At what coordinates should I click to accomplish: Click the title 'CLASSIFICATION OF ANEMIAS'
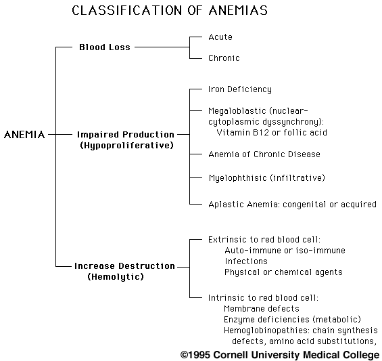tap(170, 10)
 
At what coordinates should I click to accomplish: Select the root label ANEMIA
tap(24, 135)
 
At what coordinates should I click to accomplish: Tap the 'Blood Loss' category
tap(105, 47)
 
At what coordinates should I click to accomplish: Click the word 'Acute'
tap(220, 37)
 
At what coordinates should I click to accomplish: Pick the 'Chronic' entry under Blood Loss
tap(224, 58)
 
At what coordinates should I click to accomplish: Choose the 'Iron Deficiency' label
tap(240, 89)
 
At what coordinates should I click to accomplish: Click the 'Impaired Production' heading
tap(126, 135)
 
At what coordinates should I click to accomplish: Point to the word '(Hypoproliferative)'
tap(126, 146)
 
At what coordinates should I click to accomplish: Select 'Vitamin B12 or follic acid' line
tap(272, 133)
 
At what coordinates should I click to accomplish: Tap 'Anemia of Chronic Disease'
tap(264, 154)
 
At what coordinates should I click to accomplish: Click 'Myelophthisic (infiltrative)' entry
tap(267, 178)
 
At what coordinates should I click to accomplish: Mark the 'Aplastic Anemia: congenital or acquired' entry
tap(292, 205)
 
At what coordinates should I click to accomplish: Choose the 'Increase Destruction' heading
tap(124, 266)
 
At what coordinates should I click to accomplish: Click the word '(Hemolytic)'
tap(116, 277)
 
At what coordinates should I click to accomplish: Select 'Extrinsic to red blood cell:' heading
tap(264, 240)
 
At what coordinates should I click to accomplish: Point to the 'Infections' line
tap(246, 261)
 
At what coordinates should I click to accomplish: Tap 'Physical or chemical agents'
tap(283, 272)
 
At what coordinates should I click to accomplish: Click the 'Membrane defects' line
tap(262, 309)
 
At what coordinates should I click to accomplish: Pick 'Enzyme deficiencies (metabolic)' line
tap(292, 320)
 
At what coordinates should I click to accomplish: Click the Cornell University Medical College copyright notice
tap(280, 355)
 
